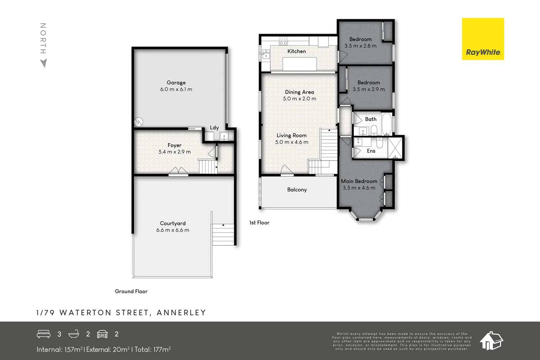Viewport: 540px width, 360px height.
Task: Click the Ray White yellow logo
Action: [483, 39]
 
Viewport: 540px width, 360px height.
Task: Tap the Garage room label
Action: [176, 83]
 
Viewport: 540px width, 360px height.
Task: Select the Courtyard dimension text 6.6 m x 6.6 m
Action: [172, 230]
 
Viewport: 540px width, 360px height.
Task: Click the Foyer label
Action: [174, 145]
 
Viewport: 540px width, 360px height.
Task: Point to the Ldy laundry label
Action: [214, 128]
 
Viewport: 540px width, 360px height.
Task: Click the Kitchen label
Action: [297, 51]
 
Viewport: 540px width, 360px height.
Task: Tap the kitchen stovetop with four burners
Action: [283, 41]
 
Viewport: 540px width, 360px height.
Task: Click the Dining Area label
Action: [299, 92]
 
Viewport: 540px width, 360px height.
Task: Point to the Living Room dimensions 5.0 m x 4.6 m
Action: [292, 142]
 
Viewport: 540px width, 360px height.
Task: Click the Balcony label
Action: [297, 190]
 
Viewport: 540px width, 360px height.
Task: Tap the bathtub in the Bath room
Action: [387, 123]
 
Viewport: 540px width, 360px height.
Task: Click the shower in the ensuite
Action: [395, 147]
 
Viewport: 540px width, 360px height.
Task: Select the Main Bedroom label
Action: [359, 181]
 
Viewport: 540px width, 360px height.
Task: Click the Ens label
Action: [371, 151]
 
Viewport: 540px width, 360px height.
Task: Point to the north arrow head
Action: [44, 63]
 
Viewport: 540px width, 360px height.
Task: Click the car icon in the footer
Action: [102, 334]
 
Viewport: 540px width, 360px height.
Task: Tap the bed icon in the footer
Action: [44, 334]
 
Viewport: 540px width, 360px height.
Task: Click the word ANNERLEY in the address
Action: [181, 312]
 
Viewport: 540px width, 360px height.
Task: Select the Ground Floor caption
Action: [131, 291]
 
